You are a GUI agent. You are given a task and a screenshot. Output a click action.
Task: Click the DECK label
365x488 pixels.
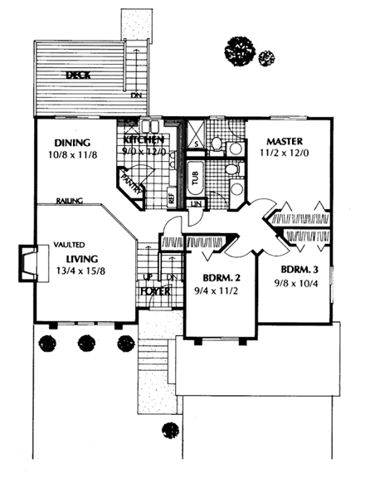(x=80, y=76)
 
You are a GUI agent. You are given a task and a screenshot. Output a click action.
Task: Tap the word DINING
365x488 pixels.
(x=71, y=142)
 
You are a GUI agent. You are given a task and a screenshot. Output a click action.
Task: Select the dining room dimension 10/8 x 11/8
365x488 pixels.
(x=72, y=154)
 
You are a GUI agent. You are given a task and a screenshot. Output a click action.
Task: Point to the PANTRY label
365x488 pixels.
(x=131, y=181)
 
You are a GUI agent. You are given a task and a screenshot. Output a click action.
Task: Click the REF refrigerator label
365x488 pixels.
(x=171, y=198)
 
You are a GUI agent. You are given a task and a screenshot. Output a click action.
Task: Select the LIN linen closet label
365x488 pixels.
(x=197, y=203)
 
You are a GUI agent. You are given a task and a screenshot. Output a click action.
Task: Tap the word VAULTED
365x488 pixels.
(x=70, y=246)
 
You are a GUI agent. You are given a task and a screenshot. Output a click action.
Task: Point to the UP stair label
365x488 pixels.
(x=148, y=277)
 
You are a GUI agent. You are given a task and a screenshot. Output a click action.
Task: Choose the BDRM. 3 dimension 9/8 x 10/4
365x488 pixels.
(x=299, y=284)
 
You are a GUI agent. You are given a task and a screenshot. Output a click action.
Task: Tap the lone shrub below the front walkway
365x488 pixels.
(x=169, y=431)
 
